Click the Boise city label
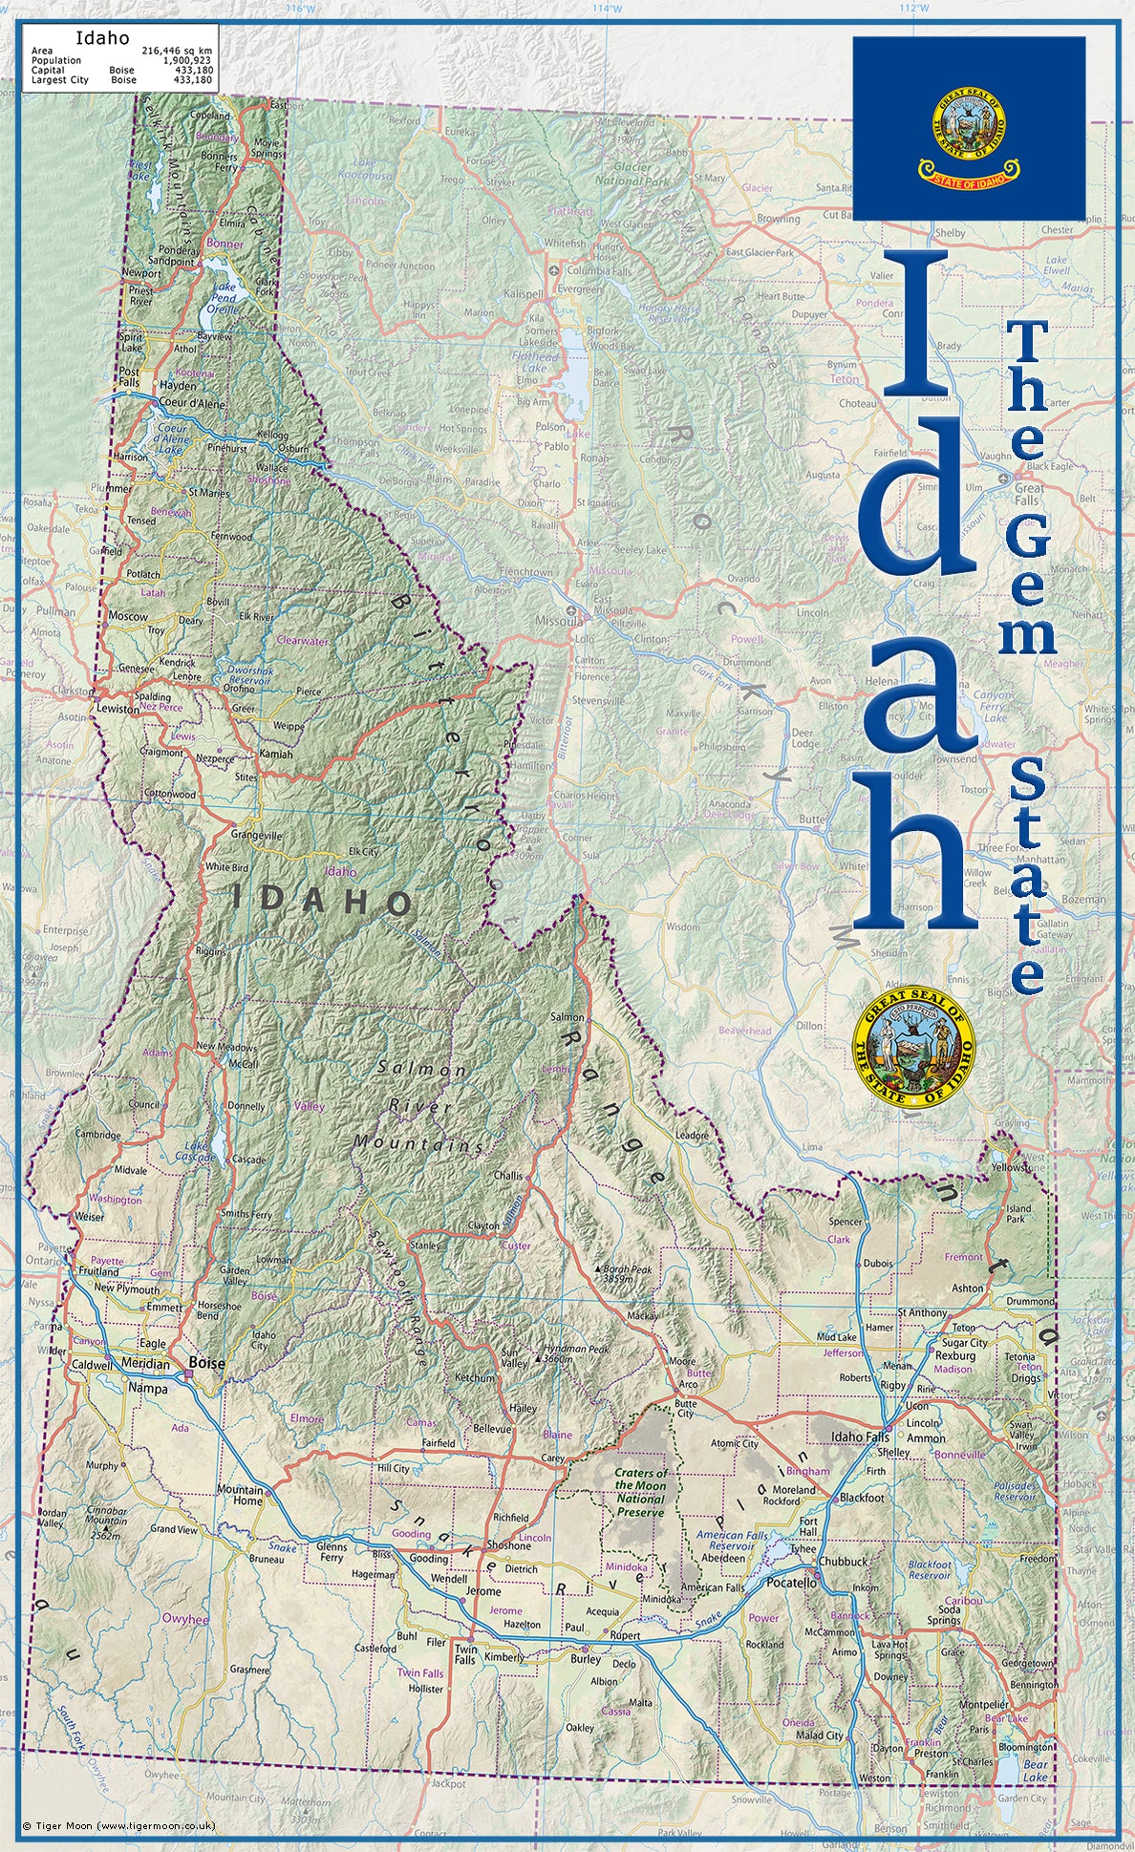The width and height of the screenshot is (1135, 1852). click(x=206, y=1362)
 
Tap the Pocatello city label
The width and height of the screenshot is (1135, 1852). click(x=791, y=1583)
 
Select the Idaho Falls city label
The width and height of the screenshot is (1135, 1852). click(x=860, y=1437)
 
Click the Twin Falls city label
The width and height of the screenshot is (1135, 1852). click(x=465, y=1654)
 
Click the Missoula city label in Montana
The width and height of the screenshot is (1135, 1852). click(x=558, y=620)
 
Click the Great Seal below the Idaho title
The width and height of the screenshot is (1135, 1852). click(x=912, y=1048)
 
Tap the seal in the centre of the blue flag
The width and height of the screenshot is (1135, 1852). click(x=969, y=122)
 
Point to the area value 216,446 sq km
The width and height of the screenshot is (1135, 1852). click(x=177, y=50)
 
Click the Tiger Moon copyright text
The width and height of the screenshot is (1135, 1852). click(x=119, y=1825)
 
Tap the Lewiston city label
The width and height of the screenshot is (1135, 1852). click(x=118, y=709)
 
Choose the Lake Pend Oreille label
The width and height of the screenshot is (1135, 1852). click(x=224, y=298)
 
